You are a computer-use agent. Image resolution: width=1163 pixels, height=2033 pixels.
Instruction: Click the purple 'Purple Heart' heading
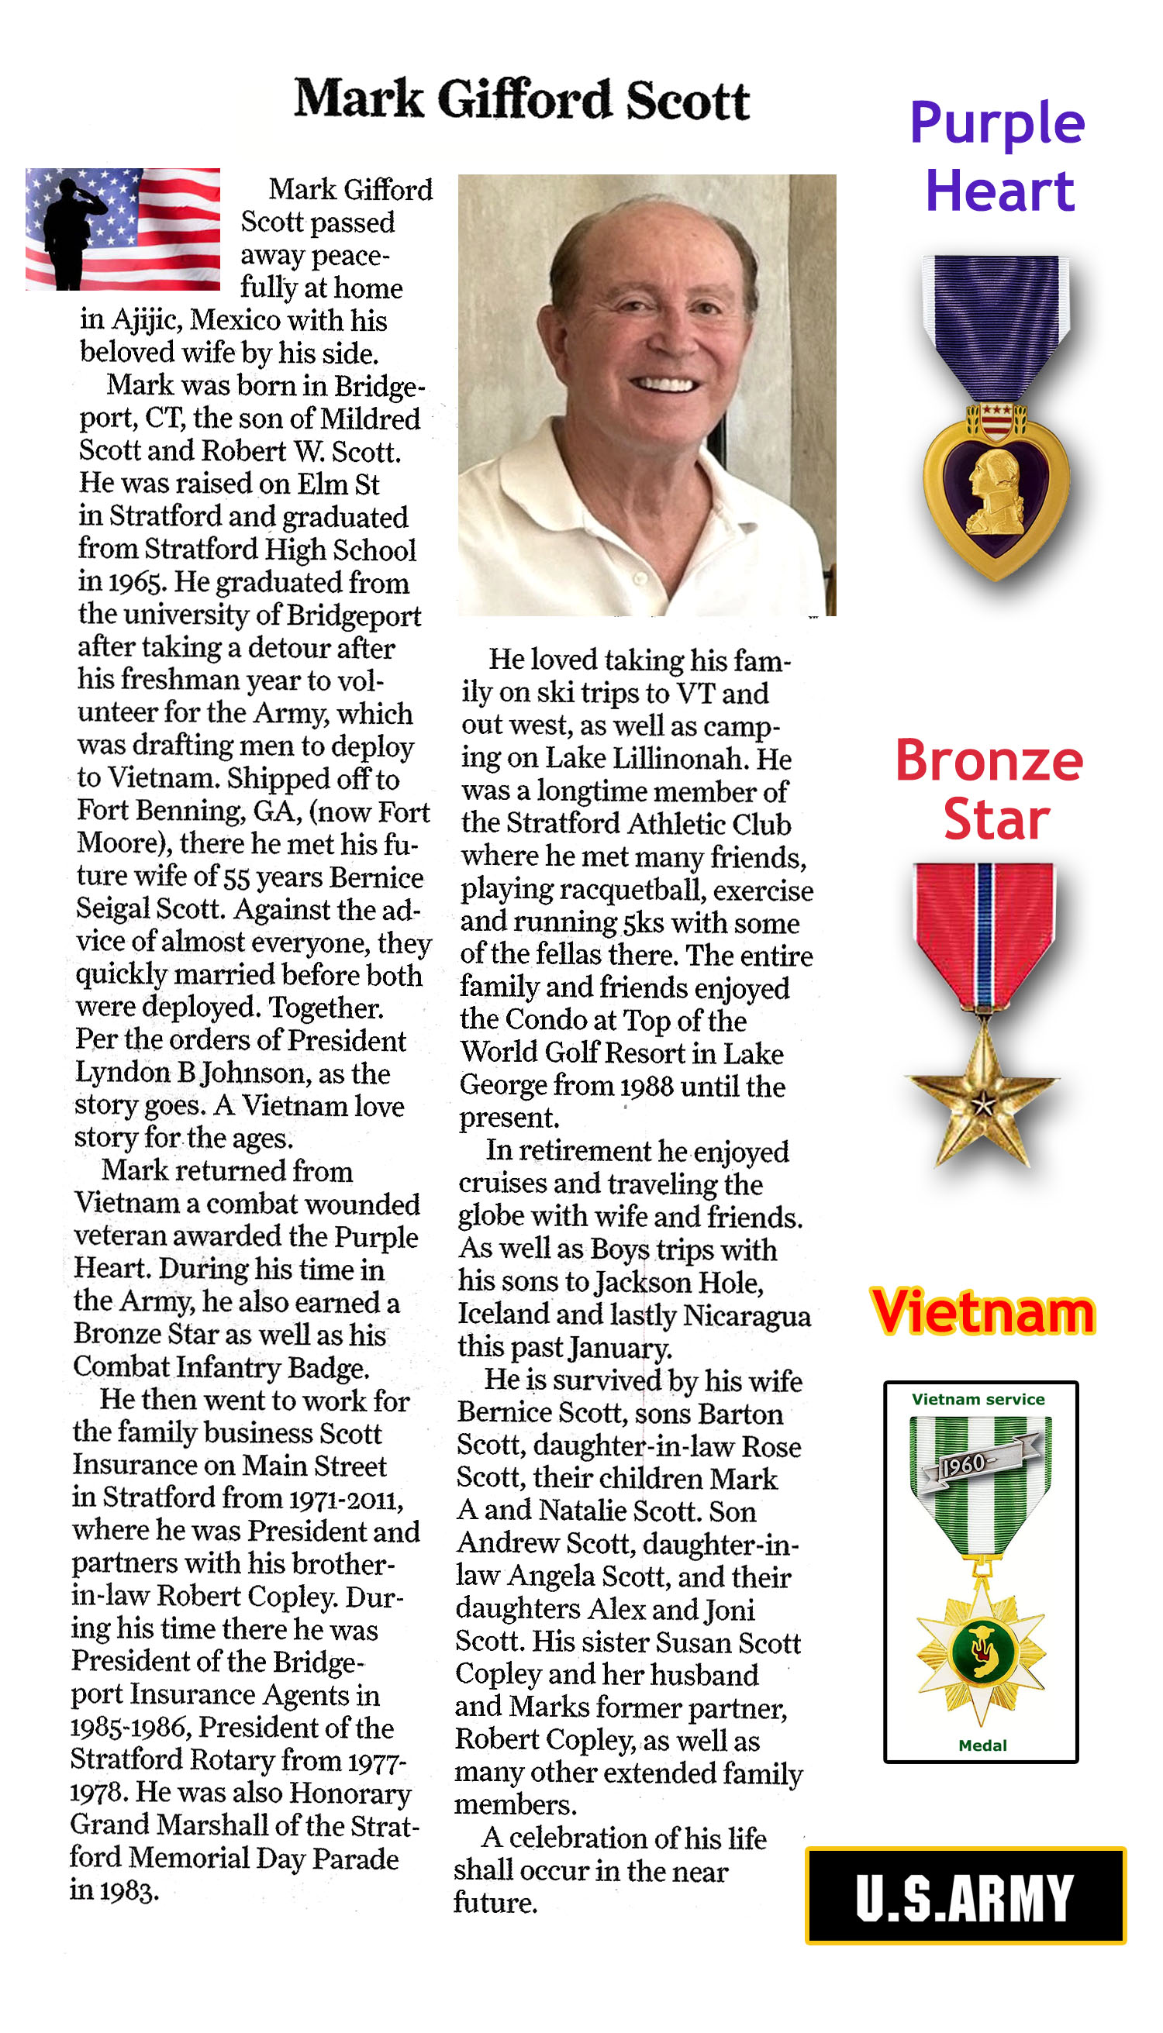click(x=999, y=157)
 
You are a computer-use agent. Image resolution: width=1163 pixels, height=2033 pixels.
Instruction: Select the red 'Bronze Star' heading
click(x=990, y=790)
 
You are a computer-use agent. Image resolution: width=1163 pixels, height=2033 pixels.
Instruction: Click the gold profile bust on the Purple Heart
click(x=995, y=492)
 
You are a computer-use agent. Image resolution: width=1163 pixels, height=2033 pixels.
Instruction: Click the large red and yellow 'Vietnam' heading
click(x=982, y=1314)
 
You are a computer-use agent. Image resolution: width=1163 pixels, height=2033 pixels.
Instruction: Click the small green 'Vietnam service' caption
click(x=978, y=1400)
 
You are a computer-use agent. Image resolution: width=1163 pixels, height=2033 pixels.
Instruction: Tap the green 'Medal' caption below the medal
click(x=982, y=1745)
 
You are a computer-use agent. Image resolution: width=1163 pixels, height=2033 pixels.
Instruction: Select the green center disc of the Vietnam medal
click(x=980, y=1648)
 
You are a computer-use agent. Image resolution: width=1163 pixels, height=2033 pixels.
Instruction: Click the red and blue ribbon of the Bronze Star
click(x=985, y=930)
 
